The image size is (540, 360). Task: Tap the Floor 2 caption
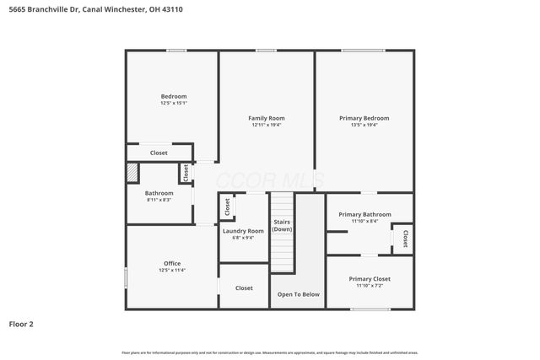tap(21, 323)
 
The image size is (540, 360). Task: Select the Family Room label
tap(266, 118)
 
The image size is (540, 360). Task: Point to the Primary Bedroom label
tap(364, 118)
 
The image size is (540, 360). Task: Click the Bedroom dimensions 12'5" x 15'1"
tap(173, 103)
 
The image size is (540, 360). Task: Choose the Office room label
tap(172, 264)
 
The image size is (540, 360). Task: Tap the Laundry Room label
tap(243, 230)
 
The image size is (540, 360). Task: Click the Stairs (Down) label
tap(282, 226)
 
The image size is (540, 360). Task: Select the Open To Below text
tap(299, 294)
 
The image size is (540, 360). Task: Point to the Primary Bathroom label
tap(364, 214)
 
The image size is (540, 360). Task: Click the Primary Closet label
tap(370, 278)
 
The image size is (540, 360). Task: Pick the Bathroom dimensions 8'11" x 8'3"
tap(159, 199)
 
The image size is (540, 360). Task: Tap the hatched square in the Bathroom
tap(132, 172)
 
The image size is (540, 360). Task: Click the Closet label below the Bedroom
tap(159, 153)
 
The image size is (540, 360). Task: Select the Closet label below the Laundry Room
tap(244, 288)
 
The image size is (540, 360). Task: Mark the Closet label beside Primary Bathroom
tap(406, 239)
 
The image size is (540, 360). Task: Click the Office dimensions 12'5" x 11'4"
tap(172, 271)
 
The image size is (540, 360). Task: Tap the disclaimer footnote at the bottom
tap(270, 352)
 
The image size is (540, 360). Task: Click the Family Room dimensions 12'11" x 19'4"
tap(266, 125)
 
